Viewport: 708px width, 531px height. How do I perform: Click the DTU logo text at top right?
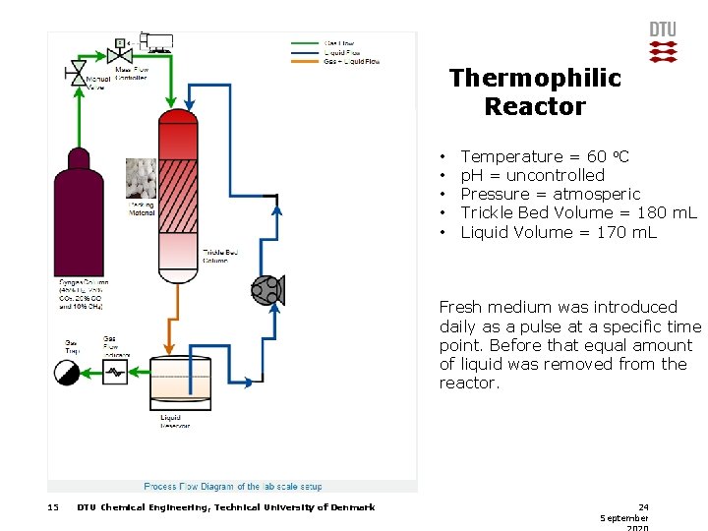[x=663, y=29]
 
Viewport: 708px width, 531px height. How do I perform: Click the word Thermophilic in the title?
[x=535, y=78]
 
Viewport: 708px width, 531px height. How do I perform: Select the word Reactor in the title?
[x=535, y=106]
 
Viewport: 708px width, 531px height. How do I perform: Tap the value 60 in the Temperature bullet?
[x=596, y=156]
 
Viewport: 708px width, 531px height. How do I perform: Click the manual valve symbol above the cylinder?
[x=76, y=71]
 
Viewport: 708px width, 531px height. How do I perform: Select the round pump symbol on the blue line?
[x=266, y=288]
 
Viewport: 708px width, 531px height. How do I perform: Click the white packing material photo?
[x=141, y=179]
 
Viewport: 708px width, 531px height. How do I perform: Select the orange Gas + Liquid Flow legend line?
[x=306, y=61]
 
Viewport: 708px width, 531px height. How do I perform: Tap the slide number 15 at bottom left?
[x=53, y=507]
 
